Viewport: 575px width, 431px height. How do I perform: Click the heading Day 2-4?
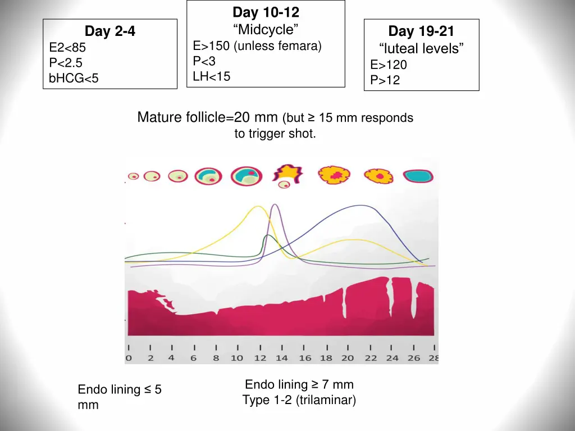[x=109, y=31]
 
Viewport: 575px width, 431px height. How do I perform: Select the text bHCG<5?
[x=74, y=79]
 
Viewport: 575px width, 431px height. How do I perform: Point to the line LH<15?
[x=212, y=76]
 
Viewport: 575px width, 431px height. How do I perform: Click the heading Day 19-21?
[x=421, y=31]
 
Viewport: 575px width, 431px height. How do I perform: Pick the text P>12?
[x=385, y=80]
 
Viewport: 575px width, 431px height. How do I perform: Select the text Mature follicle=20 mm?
[x=208, y=118]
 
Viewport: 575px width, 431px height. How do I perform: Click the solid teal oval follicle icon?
[x=418, y=176]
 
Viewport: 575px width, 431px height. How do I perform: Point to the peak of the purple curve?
[x=275, y=205]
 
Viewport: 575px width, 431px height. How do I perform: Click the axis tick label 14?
[x=281, y=358]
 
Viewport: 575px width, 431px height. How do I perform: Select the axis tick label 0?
[x=128, y=358]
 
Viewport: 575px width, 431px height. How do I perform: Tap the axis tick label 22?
[x=371, y=358]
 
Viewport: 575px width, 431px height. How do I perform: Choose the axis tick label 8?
[x=216, y=358]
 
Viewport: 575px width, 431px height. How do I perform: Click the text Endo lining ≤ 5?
[x=120, y=389]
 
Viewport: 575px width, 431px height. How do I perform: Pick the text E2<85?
[x=67, y=48]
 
